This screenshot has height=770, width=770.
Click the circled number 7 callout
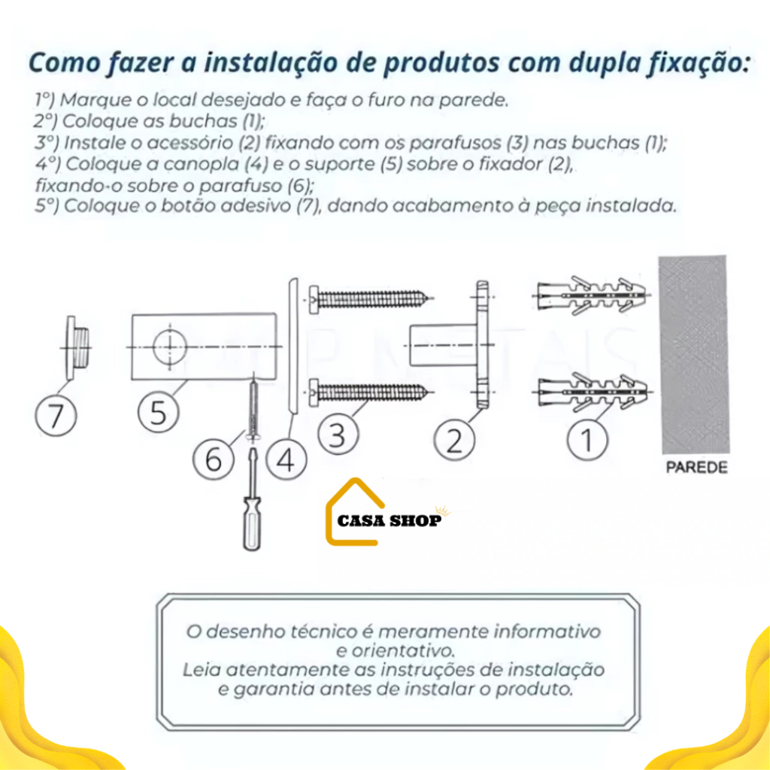tap(56, 415)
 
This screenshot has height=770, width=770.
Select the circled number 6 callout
tap(213, 459)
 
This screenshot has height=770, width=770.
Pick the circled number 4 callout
tap(286, 459)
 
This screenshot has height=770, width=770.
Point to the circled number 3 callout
tap(338, 434)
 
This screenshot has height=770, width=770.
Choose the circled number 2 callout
tap(455, 439)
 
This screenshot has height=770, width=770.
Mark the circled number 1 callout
tap(587, 439)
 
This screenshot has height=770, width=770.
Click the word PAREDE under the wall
tap(696, 468)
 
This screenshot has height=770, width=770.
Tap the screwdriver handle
tap(252, 523)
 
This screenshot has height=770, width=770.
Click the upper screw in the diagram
tap(371, 299)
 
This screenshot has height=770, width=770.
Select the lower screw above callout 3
tap(371, 393)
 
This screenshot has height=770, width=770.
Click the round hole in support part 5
tap(170, 347)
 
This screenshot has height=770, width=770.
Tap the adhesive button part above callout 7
tap(77, 347)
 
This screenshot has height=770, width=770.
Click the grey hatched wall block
tap(693, 355)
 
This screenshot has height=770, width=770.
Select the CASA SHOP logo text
tap(390, 520)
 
